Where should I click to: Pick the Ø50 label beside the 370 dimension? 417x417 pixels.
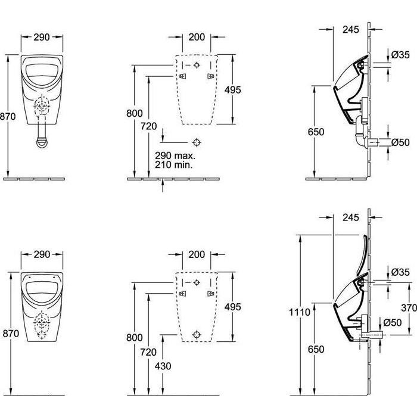392,322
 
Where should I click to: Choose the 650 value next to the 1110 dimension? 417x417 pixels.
317,350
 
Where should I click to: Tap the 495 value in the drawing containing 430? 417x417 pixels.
232,307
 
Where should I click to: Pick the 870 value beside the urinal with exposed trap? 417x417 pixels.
8,118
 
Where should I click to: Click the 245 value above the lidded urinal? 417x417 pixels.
351,217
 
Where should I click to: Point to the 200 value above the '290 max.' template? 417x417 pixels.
197,37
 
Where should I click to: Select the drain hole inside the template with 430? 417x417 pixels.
197,334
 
